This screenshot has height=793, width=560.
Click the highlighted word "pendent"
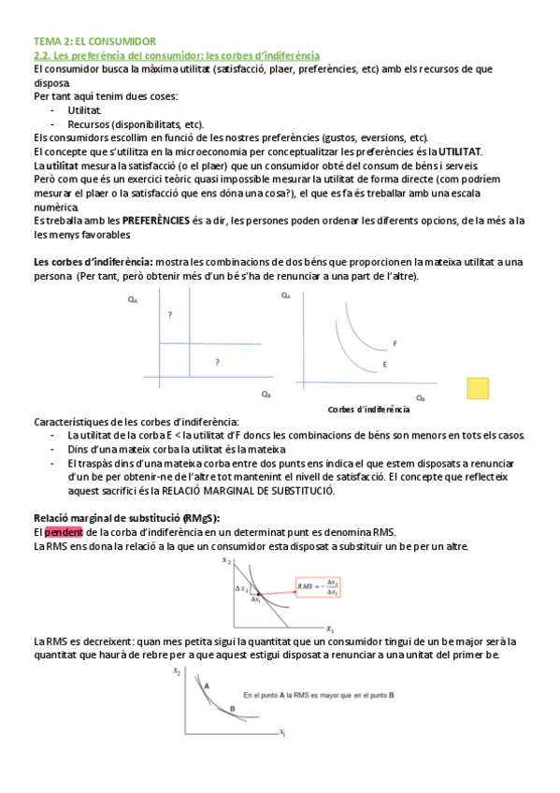64,532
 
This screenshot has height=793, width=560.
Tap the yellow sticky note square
478,388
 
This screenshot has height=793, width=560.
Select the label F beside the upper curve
395,344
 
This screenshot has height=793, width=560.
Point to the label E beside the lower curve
384,363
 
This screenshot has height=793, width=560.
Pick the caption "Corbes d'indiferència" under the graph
368,410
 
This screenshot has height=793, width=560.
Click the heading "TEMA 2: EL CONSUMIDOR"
93,42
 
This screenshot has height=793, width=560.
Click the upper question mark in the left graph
169,315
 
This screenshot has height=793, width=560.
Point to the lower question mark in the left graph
217,361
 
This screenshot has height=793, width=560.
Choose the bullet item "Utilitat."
85,110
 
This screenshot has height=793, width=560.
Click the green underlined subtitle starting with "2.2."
176,56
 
